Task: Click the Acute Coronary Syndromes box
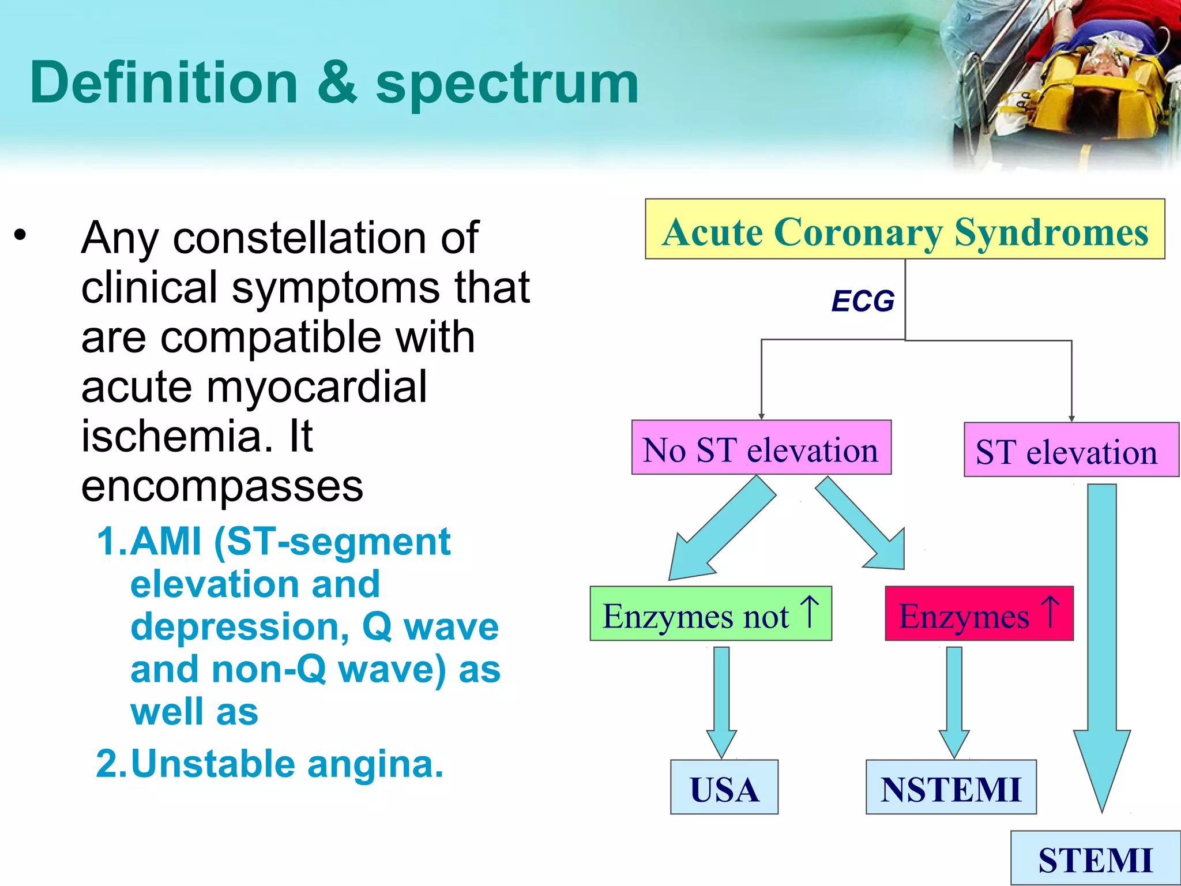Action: point(904,230)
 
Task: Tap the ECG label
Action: point(863,301)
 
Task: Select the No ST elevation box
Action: point(761,448)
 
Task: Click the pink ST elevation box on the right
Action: point(1070,450)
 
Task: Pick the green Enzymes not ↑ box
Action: point(710,614)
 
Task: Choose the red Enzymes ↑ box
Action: point(979,614)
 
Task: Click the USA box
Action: point(724,787)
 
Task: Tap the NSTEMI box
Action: point(950,787)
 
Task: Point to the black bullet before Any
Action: point(21,235)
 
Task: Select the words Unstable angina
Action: point(287,764)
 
